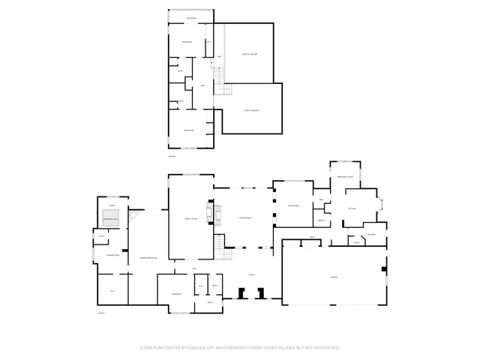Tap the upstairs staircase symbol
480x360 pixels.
pyautogui.click(x=218, y=78)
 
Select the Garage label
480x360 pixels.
pyautogui.click(x=334, y=277)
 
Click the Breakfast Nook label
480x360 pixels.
pyautogui.click(x=346, y=175)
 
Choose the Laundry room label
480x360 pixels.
pyautogui.click(x=370, y=234)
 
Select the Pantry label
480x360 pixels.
pyautogui.click(x=319, y=220)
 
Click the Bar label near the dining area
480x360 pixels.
pyautogui.click(x=321, y=199)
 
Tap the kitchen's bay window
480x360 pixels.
pyautogui.click(x=381, y=203)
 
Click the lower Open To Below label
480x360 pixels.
pyautogui.click(x=251, y=110)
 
